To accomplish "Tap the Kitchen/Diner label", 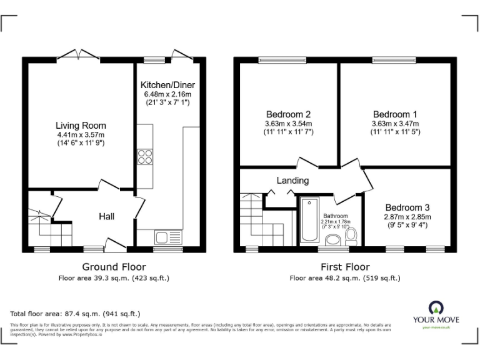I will (x=167, y=85).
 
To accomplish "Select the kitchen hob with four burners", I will (x=145, y=156).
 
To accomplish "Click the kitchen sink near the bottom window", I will (x=161, y=237).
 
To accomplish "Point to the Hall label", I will (x=106, y=217).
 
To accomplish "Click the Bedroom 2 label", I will (x=288, y=114).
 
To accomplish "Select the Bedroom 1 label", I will (x=395, y=114).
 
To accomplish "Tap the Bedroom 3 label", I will (x=407, y=207).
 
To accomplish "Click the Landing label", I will (x=293, y=181).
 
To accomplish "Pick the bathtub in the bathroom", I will (x=309, y=220).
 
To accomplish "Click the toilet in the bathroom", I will (x=351, y=236).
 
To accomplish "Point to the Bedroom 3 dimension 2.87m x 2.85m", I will (x=407, y=216).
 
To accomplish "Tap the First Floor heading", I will (x=345, y=267).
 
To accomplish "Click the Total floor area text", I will (x=75, y=314).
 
